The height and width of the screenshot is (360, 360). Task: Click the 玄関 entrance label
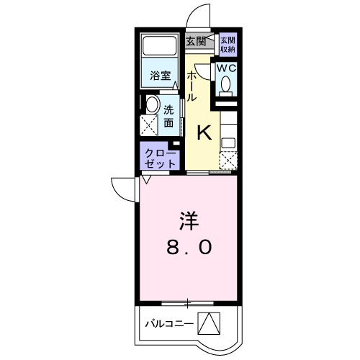coord(196,41)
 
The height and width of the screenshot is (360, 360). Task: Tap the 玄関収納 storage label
coord(228,45)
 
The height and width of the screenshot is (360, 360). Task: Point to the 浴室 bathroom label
coord(159,75)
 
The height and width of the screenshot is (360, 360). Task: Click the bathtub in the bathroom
coord(159,48)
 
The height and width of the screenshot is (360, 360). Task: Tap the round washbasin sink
coord(150,104)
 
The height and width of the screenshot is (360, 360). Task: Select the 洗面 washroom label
coord(168,117)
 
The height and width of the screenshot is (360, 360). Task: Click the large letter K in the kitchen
coord(204,132)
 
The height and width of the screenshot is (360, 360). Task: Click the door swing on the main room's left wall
coord(122,189)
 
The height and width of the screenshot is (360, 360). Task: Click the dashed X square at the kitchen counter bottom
coord(228,161)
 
